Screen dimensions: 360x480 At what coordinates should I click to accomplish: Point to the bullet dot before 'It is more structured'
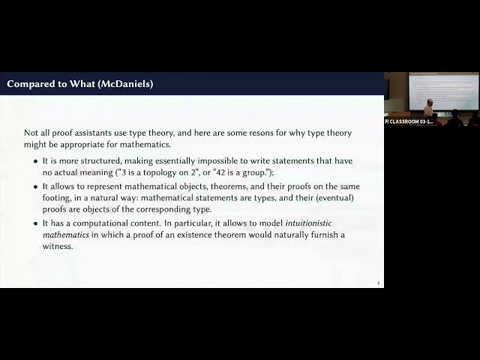(x=36, y=161)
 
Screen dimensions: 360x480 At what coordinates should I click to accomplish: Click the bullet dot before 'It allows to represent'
(x=36, y=186)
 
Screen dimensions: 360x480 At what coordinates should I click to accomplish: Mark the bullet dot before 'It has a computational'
(x=36, y=223)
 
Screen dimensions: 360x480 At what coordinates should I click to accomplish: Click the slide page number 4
(x=379, y=283)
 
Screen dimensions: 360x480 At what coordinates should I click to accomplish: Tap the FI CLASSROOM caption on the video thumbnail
(x=409, y=121)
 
